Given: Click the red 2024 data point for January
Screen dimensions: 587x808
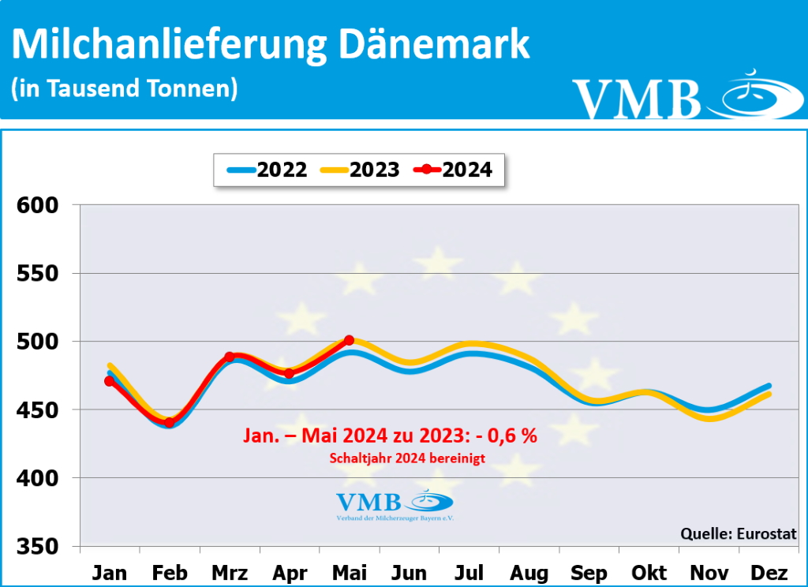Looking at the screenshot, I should pyautogui.click(x=110, y=381).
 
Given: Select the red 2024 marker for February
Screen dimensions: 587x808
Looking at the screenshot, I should pyautogui.click(x=170, y=423).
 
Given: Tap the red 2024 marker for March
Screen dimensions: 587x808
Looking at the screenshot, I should pyautogui.click(x=230, y=357).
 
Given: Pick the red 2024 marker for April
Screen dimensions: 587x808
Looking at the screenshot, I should pyautogui.click(x=289, y=373).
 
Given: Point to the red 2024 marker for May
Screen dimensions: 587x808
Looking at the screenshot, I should pyautogui.click(x=349, y=340).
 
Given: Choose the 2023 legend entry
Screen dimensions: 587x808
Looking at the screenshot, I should pyautogui.click(x=360, y=170).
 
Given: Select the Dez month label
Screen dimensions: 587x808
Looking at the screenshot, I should pyautogui.click(x=767, y=572).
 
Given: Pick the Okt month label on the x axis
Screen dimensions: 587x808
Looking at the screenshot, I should pyautogui.click(x=648, y=572).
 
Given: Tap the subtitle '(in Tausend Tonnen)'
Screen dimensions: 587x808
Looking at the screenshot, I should pyautogui.click(x=125, y=88).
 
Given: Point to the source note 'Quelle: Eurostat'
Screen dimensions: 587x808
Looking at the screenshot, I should pyautogui.click(x=739, y=533).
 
